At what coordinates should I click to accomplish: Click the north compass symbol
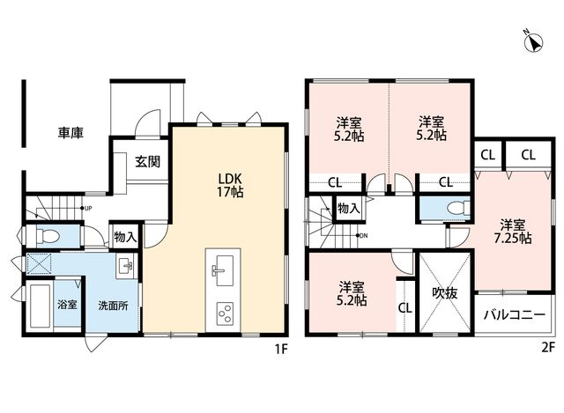pyautogui.click(x=533, y=42)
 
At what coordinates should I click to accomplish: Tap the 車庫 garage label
pyautogui.click(x=70, y=133)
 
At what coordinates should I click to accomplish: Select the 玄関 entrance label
pyautogui.click(x=147, y=162)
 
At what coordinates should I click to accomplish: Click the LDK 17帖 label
pyautogui.click(x=230, y=185)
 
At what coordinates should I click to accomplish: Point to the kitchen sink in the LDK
pyautogui.click(x=223, y=270)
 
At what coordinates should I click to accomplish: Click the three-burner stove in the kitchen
pyautogui.click(x=225, y=313)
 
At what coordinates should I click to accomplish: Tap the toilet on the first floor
pyautogui.click(x=47, y=237)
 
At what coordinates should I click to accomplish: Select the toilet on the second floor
pyautogui.click(x=457, y=209)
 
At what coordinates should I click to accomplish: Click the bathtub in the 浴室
pyautogui.click(x=40, y=306)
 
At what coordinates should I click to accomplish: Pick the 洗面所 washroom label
pyautogui.click(x=114, y=306)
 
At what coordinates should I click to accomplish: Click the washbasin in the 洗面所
pyautogui.click(x=125, y=266)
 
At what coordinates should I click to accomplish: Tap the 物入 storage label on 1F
pyautogui.click(x=125, y=237)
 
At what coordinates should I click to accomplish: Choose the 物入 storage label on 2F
pyautogui.click(x=349, y=208)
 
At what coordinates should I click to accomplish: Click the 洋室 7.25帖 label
pyautogui.click(x=513, y=232)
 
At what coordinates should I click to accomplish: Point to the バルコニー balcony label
pyautogui.click(x=515, y=315)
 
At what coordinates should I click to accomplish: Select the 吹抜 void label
pyautogui.click(x=445, y=293)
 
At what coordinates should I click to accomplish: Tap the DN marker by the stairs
pyautogui.click(x=363, y=236)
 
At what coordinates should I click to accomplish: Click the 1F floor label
pyautogui.click(x=282, y=349)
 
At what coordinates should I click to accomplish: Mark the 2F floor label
pyautogui.click(x=548, y=349)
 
